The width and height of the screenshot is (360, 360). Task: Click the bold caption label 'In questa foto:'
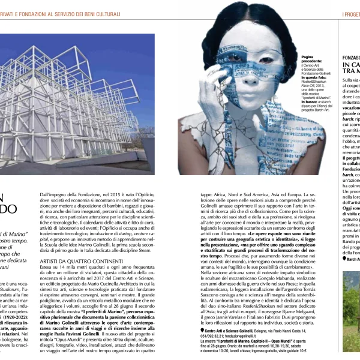(x=316, y=77)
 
